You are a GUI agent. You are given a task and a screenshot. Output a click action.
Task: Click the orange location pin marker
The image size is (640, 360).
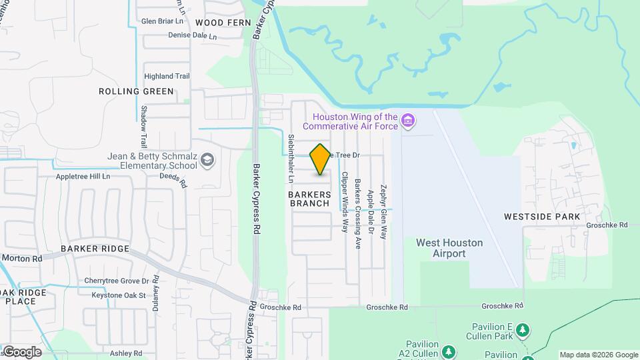[321, 159]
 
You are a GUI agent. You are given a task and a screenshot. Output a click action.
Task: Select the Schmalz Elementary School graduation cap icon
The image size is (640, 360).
[207, 159]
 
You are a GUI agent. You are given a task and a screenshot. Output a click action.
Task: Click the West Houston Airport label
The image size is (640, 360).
[449, 248]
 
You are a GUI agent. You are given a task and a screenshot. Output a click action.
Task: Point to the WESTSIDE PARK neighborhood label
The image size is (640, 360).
[542, 217]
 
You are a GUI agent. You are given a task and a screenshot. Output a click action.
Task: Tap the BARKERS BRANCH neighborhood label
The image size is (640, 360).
[309, 199]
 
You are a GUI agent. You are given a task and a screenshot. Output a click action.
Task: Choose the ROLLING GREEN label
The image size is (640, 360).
[136, 91]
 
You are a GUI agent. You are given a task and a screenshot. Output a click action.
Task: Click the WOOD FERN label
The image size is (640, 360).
[223, 23]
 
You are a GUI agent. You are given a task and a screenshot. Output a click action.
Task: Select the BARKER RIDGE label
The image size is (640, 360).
[95, 249]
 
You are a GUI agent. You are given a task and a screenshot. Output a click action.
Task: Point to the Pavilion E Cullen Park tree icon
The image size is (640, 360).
[524, 330]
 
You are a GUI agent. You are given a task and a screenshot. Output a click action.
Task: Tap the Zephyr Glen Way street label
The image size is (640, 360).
[383, 212]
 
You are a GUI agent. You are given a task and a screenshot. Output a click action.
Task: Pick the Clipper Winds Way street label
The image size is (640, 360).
[345, 201]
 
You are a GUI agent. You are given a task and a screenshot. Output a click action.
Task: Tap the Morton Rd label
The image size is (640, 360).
[22, 258]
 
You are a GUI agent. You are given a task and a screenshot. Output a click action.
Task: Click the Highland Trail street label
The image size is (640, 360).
[167, 76]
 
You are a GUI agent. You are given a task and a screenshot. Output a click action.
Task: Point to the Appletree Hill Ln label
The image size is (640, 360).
[91, 177]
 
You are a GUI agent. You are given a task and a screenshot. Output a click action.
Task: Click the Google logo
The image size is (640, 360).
[21, 352]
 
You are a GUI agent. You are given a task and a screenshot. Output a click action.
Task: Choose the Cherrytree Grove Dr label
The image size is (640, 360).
[117, 281]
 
